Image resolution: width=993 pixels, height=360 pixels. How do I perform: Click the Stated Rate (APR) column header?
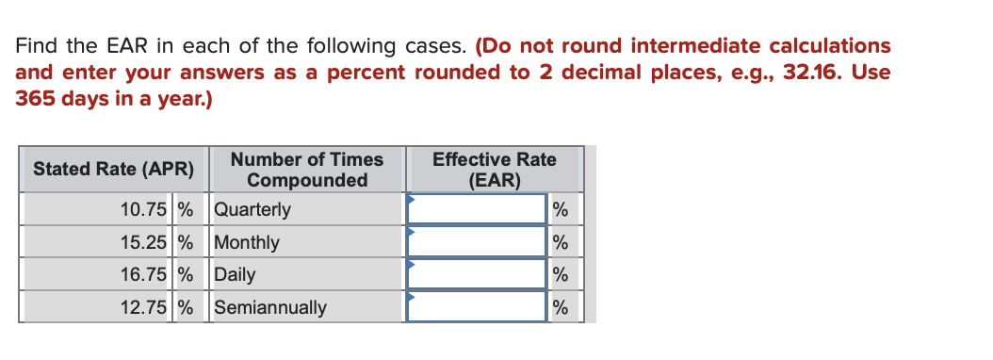pyautogui.click(x=113, y=170)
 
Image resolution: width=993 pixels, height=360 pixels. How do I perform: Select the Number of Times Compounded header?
pyautogui.click(x=307, y=170)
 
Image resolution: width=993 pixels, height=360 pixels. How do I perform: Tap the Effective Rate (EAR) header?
pyautogui.click(x=494, y=170)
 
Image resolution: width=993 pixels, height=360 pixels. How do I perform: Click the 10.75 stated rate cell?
pyautogui.click(x=144, y=209)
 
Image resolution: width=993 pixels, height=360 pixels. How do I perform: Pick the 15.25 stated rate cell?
pyautogui.click(x=144, y=242)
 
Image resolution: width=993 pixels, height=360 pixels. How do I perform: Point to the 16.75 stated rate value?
pyautogui.click(x=144, y=275)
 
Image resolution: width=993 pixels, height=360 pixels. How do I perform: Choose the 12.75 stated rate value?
pyautogui.click(x=144, y=307)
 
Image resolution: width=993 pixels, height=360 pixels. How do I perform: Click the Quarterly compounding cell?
pyautogui.click(x=252, y=209)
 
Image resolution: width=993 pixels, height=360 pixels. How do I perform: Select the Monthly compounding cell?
pyautogui.click(x=247, y=242)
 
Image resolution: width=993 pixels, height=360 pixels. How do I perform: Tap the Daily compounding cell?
pyautogui.click(x=235, y=275)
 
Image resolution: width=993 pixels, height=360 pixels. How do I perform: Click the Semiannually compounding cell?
pyautogui.click(x=270, y=307)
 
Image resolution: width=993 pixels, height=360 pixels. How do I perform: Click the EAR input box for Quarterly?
pyautogui.click(x=477, y=209)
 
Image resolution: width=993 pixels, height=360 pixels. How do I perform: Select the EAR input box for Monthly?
pyautogui.click(x=477, y=242)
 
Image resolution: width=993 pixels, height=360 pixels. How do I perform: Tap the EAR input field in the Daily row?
pyautogui.click(x=477, y=275)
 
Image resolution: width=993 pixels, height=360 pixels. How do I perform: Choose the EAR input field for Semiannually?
pyautogui.click(x=477, y=307)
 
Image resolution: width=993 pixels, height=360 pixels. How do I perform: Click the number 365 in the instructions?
pyautogui.click(x=34, y=98)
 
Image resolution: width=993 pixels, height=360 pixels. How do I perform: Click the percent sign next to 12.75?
pyautogui.click(x=186, y=307)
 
